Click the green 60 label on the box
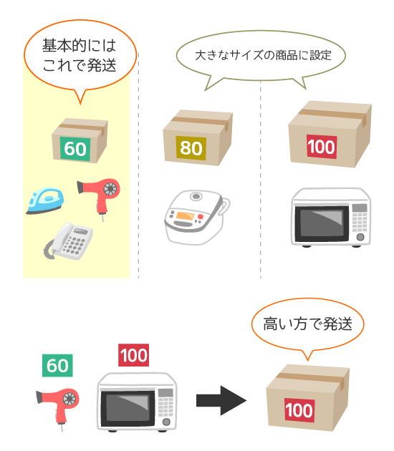75,149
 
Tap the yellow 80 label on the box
191,148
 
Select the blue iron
45,200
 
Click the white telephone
69,242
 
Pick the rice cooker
197,217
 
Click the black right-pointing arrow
221,400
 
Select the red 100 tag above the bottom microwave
133,355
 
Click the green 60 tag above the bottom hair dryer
57,365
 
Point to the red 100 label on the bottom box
299,410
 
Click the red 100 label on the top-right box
322,147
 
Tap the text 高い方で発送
307,324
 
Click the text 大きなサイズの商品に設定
263,55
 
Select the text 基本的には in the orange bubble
79,45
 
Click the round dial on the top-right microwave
360,237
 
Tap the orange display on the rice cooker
185,215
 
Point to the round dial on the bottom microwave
166,422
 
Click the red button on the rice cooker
201,217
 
